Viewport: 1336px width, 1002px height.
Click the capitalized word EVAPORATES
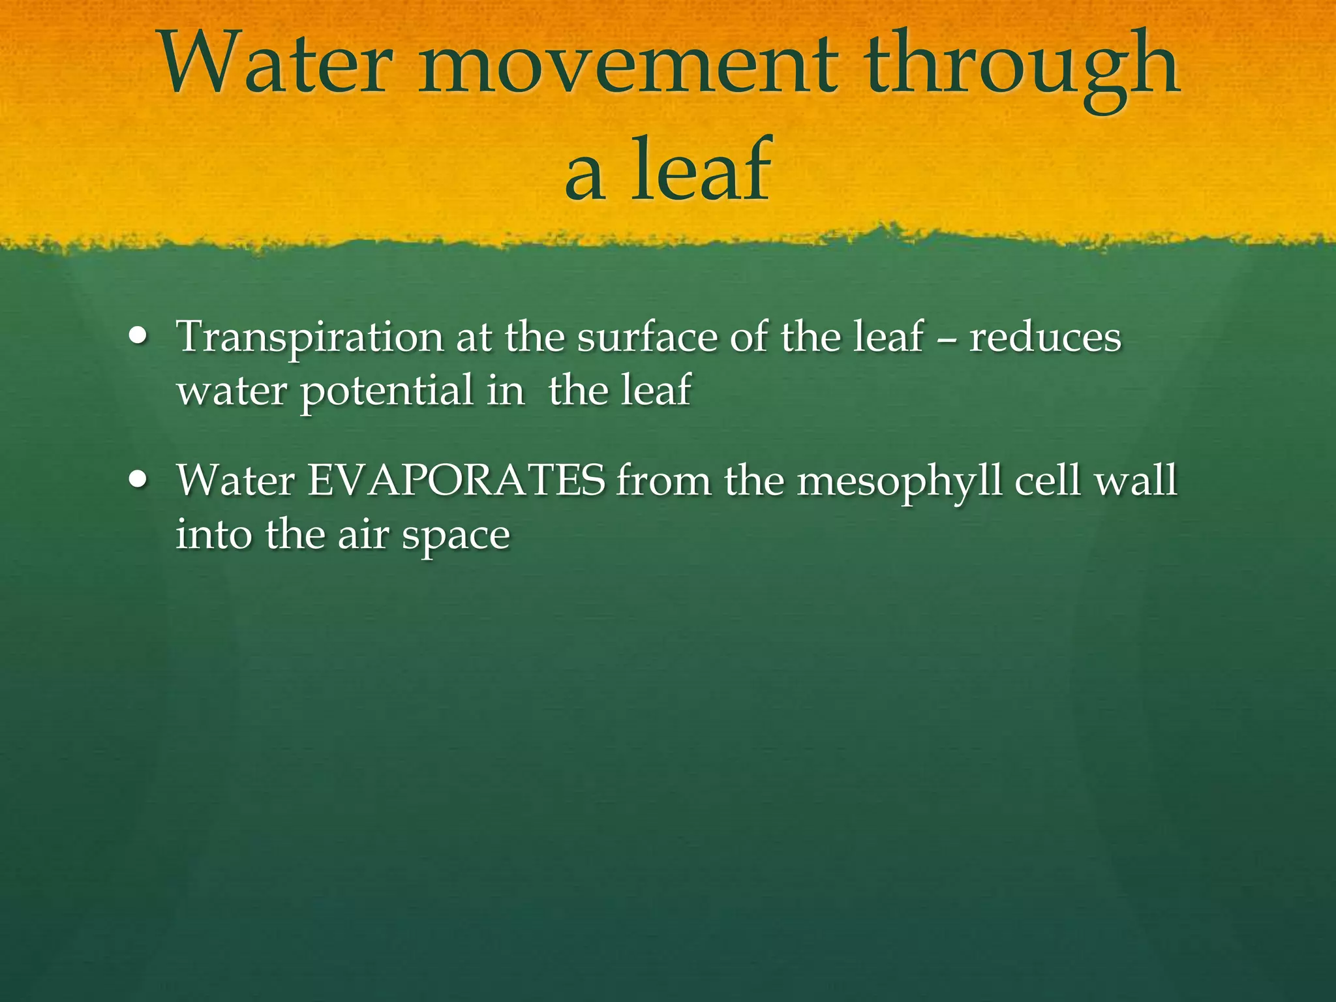point(456,481)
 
